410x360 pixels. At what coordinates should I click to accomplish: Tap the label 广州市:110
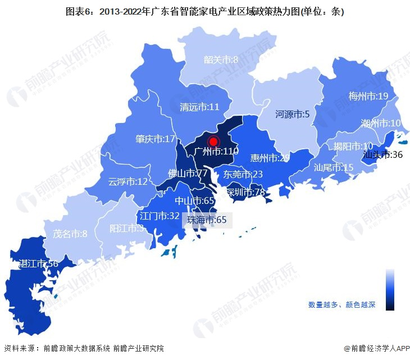(216, 152)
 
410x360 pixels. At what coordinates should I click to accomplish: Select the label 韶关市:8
(221, 60)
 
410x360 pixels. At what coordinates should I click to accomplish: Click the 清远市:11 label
(199, 107)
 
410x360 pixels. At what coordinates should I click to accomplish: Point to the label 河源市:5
(292, 115)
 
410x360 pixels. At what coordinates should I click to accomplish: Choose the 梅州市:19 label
(368, 96)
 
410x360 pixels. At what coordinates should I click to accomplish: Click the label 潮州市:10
(380, 123)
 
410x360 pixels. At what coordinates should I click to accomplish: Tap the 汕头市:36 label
(382, 154)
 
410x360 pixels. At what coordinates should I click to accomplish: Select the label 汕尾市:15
(334, 167)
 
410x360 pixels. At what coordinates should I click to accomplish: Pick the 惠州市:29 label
(270, 158)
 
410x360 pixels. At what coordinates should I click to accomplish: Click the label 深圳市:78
(245, 193)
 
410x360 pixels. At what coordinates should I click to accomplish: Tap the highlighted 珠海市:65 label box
(207, 220)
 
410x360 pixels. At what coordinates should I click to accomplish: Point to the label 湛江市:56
(38, 264)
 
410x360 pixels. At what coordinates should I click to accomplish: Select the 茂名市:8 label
(70, 234)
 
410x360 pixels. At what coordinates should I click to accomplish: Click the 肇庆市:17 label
(156, 139)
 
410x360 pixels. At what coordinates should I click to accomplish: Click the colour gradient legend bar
(390, 289)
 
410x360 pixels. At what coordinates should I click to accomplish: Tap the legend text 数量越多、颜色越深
(341, 305)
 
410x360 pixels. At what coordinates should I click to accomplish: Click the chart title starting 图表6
(204, 11)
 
